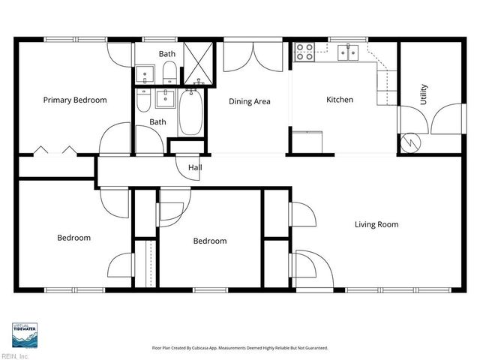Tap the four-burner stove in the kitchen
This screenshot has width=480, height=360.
pyautogui.click(x=304, y=51)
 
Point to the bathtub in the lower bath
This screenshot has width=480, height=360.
pyautogui.click(x=189, y=114)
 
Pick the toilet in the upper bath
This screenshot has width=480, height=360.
pyautogui.click(x=170, y=73)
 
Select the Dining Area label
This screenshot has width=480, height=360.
pyautogui.click(x=249, y=101)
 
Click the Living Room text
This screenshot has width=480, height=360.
pyautogui.click(x=376, y=224)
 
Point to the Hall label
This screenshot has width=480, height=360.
pyautogui.click(x=195, y=167)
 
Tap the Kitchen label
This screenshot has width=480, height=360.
pyautogui.click(x=339, y=100)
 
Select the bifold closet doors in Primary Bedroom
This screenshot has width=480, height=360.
pyautogui.click(x=55, y=150)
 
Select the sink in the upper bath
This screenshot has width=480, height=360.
pyautogui.click(x=145, y=74)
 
